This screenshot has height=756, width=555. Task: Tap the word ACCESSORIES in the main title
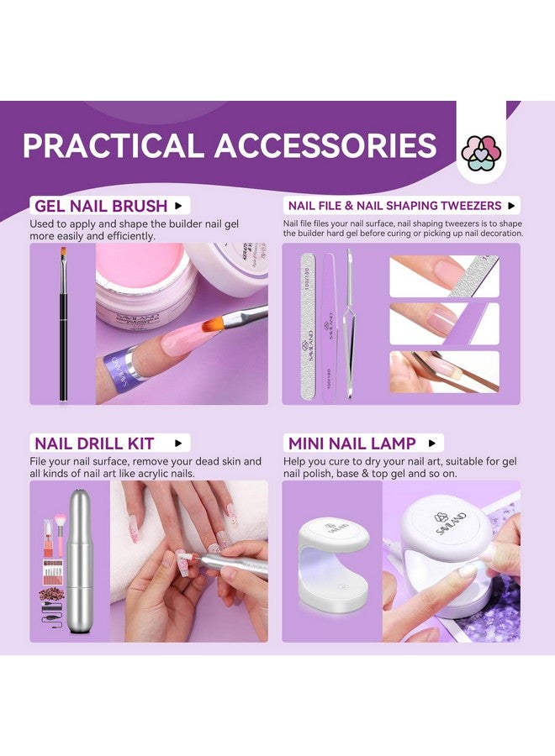(x=325, y=145)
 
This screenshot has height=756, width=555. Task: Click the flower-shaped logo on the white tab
(x=482, y=152)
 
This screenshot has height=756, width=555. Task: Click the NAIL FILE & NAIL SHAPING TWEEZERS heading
(x=394, y=206)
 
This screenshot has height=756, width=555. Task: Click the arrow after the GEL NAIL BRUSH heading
(x=178, y=206)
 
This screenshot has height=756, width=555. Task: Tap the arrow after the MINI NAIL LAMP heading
(x=432, y=443)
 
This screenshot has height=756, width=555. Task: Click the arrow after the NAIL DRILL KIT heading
(x=178, y=443)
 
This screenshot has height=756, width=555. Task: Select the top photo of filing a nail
(x=444, y=276)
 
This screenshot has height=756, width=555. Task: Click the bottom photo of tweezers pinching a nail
(x=444, y=371)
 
